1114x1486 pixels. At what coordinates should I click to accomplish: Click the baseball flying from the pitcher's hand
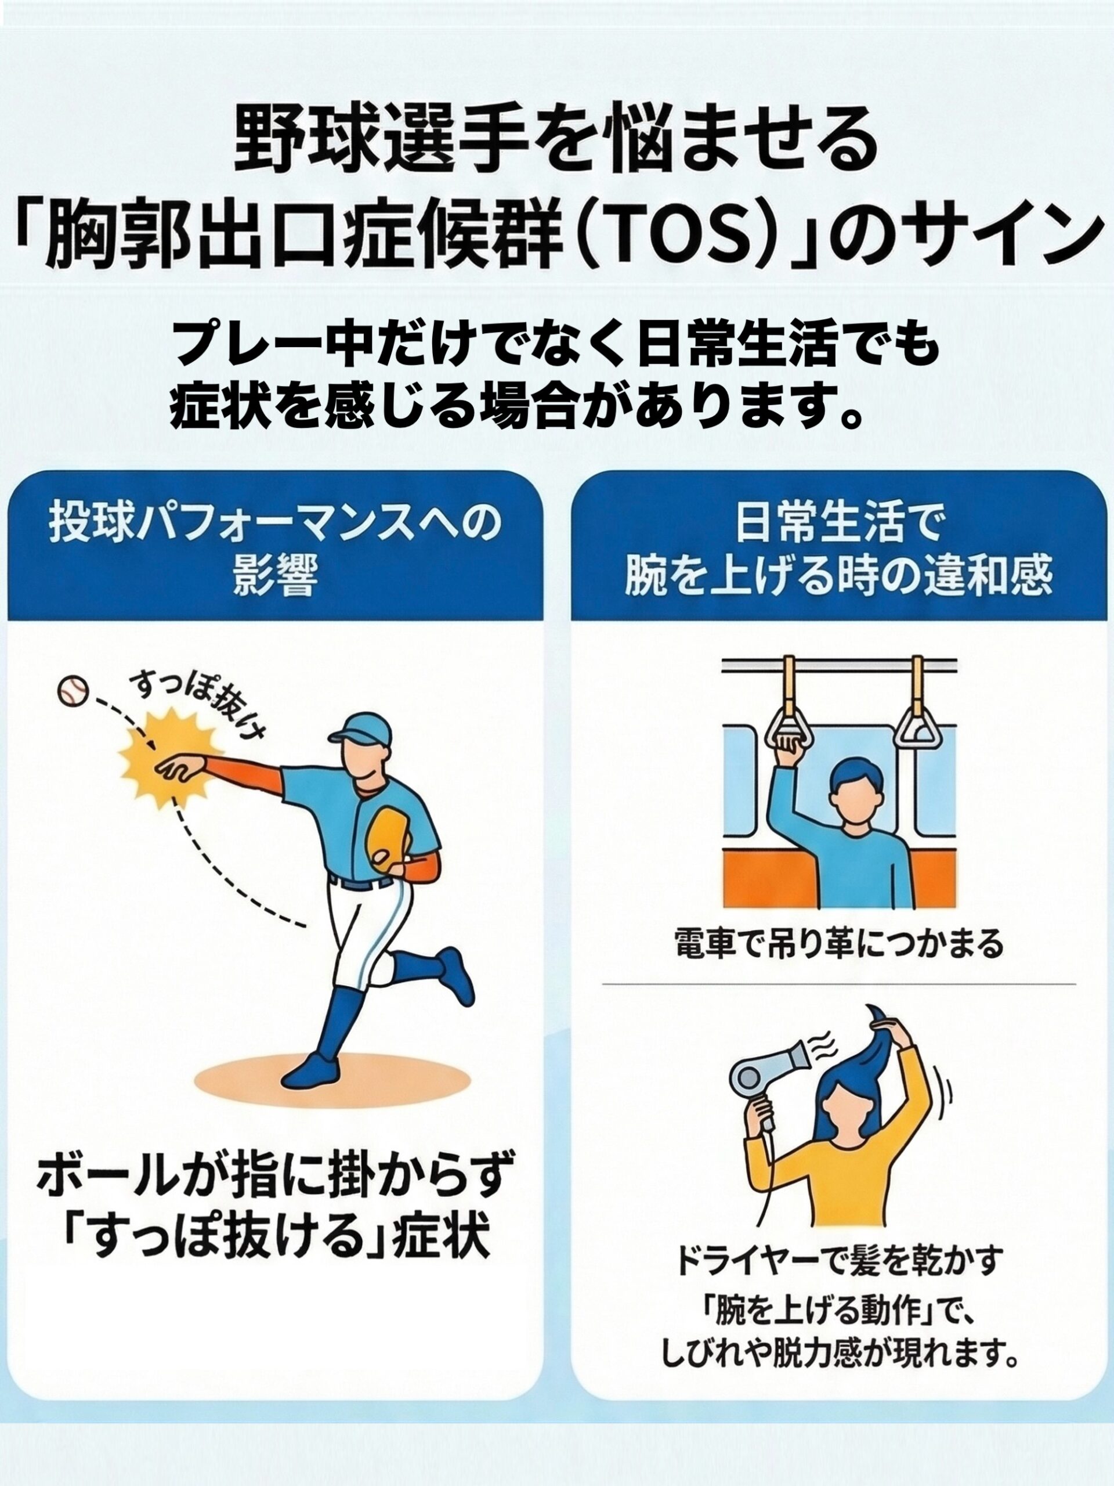point(73,691)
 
